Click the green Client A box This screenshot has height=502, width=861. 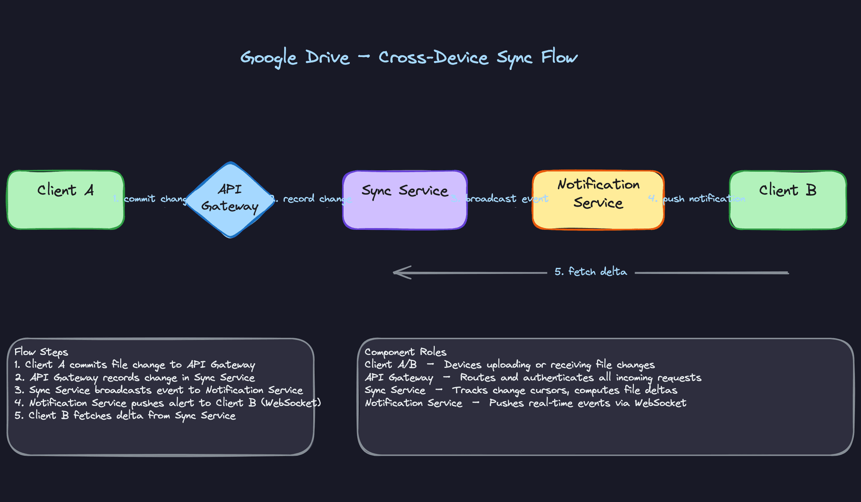(65, 200)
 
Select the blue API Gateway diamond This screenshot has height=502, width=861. (230, 199)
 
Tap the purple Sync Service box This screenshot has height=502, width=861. (404, 200)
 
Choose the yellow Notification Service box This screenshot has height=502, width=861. (598, 200)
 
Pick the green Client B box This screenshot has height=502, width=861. (788, 200)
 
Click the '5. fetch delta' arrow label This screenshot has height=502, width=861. (591, 272)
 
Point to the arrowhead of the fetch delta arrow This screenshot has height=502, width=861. (396, 272)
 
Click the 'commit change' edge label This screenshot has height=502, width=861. (152, 199)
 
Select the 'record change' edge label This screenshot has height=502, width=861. (312, 199)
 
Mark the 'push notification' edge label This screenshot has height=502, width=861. (698, 199)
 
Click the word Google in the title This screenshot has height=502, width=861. (268, 58)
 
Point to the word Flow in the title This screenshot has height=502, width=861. (559, 57)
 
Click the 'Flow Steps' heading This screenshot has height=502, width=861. (41, 352)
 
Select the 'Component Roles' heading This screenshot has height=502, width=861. (405, 352)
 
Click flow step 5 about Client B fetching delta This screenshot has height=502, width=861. (125, 415)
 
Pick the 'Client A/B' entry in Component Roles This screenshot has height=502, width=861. (390, 364)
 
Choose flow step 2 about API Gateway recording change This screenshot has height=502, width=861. (135, 377)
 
